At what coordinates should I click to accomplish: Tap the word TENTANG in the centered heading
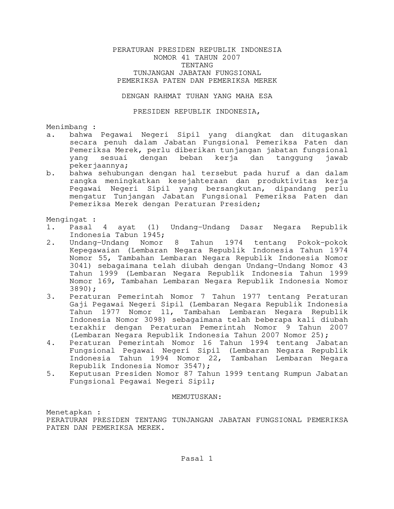coord(197,65)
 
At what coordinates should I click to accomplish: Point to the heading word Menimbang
coord(67,127)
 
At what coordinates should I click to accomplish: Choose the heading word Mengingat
coord(67,220)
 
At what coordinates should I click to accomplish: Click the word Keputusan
coord(90,374)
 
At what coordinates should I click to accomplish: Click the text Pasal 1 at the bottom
coord(197,459)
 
